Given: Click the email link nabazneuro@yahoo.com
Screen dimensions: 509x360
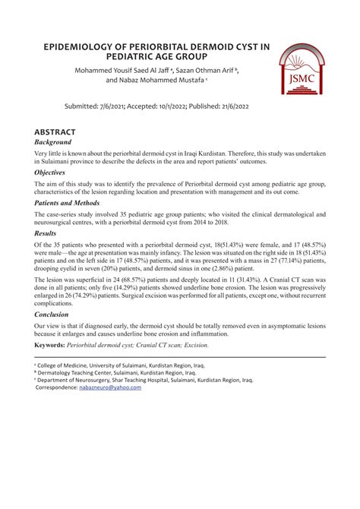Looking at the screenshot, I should (x=110, y=387).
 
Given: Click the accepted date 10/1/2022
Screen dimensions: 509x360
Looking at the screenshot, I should (x=193, y=106).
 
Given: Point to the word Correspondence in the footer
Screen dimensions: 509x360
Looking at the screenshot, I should (x=56, y=387).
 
